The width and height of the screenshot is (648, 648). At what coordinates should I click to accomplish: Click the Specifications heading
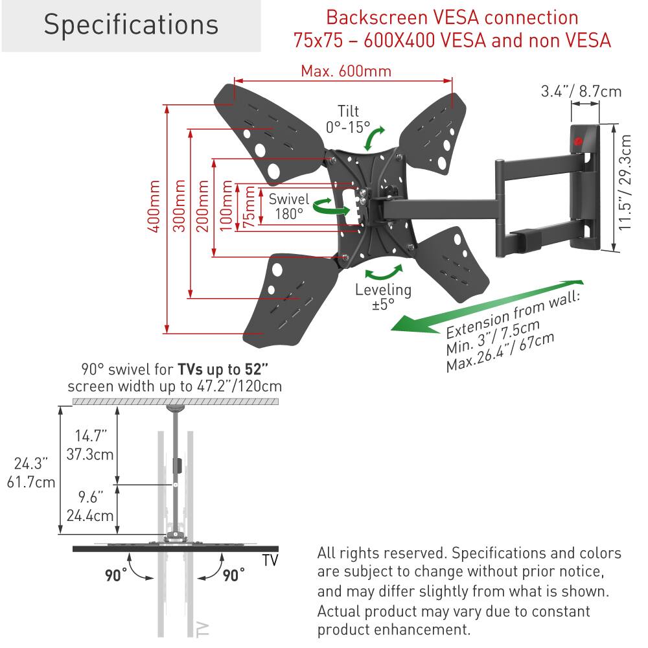pos(131,25)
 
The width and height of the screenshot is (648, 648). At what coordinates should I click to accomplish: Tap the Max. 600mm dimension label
pos(345,71)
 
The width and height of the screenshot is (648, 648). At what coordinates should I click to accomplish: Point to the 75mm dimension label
pos(248,207)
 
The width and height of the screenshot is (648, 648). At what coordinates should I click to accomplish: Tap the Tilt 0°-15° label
pos(347,119)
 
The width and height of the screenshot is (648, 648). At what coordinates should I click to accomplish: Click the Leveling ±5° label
pos(383,297)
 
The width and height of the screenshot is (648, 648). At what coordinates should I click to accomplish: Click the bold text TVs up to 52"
pos(224,370)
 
